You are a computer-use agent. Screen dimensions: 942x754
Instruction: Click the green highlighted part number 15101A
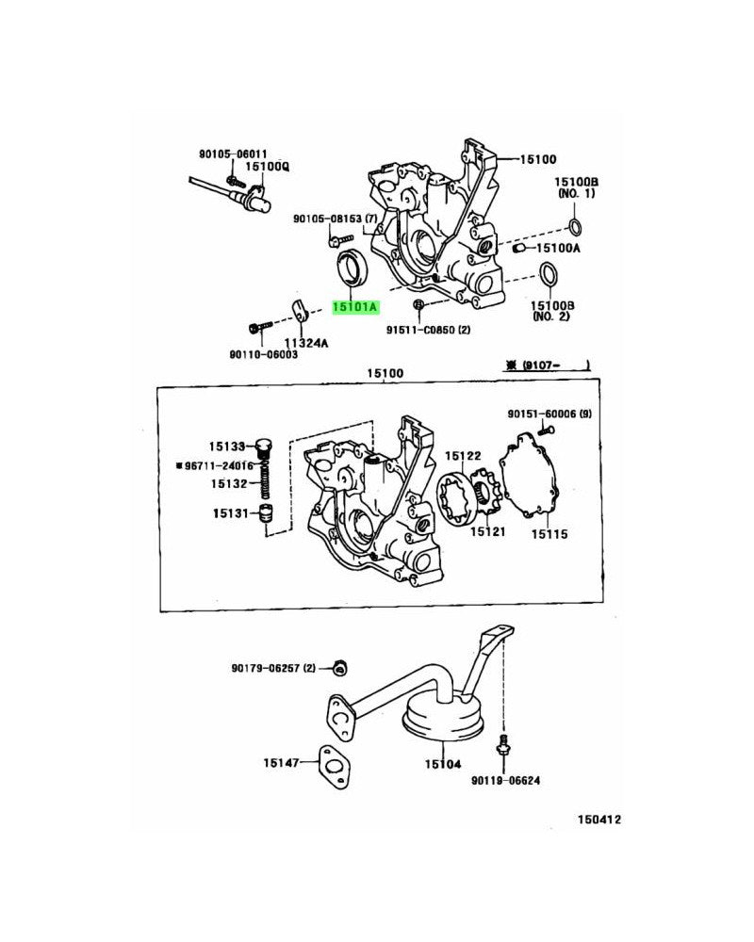[x=353, y=306]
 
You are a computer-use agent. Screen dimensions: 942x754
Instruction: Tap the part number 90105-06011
[x=233, y=154]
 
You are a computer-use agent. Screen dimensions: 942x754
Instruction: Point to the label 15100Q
[x=268, y=167]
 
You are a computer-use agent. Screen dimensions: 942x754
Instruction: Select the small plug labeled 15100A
[x=517, y=248]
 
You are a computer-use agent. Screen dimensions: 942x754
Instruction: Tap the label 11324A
[x=307, y=343]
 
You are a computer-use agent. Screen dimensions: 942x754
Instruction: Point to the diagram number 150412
[x=599, y=820]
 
